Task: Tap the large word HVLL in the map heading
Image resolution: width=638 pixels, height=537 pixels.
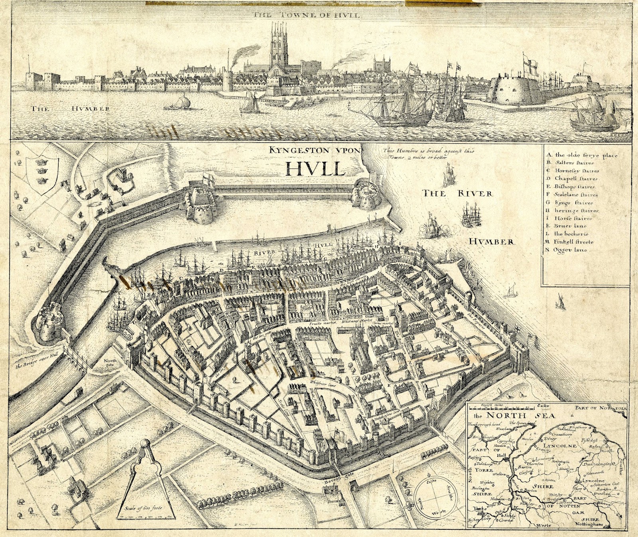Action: tap(315, 168)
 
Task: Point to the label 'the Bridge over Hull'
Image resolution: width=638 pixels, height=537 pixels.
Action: tap(33, 365)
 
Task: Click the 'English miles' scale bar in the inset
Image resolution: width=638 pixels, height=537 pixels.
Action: tap(502, 407)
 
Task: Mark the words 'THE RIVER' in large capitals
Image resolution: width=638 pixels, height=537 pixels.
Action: tap(458, 194)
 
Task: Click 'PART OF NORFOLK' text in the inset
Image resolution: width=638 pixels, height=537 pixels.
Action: tap(601, 408)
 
